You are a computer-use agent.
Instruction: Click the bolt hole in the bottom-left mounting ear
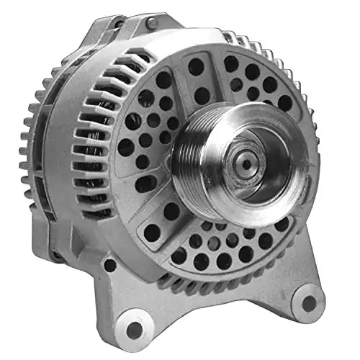135,329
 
